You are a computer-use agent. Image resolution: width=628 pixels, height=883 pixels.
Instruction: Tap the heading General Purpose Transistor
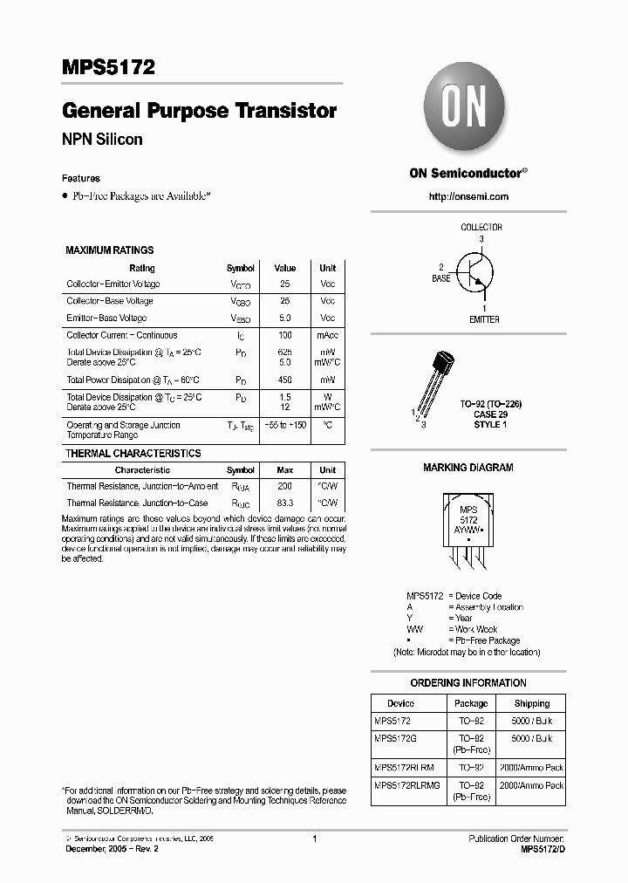199,111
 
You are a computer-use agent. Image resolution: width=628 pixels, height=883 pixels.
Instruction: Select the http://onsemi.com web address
468,196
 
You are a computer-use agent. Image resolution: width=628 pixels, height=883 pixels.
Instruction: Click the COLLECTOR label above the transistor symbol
481,227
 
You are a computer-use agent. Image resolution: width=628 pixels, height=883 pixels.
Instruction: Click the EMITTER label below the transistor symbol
484,319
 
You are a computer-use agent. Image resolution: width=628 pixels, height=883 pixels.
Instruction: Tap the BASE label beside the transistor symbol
441,278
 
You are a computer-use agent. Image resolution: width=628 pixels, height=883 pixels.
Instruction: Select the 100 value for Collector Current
284,335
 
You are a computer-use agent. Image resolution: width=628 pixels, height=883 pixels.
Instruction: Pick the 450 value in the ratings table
284,380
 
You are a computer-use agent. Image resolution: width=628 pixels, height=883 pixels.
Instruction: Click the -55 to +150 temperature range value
284,425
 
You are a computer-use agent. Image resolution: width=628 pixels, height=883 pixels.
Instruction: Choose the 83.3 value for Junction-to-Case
284,503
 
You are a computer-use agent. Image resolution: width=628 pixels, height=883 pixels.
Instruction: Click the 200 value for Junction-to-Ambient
284,486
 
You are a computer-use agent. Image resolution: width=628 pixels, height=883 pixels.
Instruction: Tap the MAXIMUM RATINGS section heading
110,250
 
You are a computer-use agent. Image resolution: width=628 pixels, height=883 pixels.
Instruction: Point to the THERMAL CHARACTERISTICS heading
133,454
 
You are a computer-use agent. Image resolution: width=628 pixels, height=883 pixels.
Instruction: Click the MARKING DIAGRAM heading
468,468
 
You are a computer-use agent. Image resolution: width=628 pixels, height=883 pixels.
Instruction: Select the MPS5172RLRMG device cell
407,785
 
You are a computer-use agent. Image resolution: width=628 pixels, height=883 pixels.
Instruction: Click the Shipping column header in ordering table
531,703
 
